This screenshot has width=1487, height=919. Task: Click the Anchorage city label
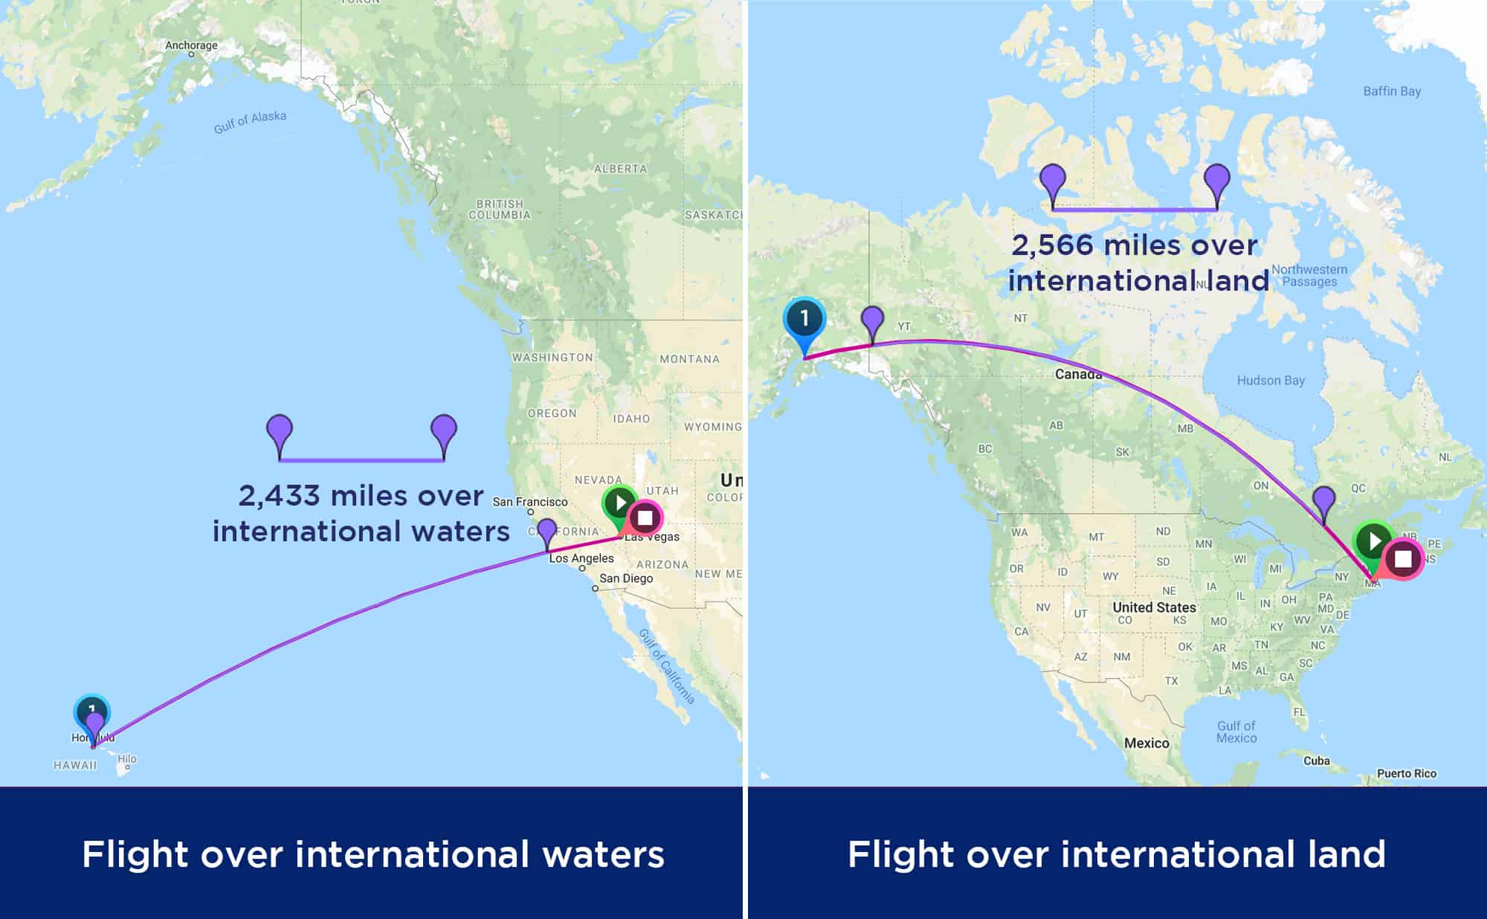191,45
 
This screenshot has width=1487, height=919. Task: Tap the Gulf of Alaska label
250,123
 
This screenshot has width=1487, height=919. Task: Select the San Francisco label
529,502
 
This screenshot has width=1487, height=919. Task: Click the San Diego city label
625,578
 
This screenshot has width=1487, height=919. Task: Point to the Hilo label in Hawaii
127,759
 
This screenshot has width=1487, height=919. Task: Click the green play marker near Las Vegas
619,503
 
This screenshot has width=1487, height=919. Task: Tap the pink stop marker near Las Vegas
645,517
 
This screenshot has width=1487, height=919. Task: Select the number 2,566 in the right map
1051,245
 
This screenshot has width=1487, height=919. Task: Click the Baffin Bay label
1391,91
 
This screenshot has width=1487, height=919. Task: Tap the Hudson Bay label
1270,381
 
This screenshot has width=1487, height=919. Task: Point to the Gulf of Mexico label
1236,732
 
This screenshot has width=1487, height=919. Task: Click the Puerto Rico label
1406,773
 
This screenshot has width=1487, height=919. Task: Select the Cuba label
1316,761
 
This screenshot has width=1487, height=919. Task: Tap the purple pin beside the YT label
872,323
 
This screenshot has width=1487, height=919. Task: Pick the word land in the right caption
1346,854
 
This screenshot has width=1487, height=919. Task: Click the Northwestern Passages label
1309,275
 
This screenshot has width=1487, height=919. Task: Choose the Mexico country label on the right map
1146,744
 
